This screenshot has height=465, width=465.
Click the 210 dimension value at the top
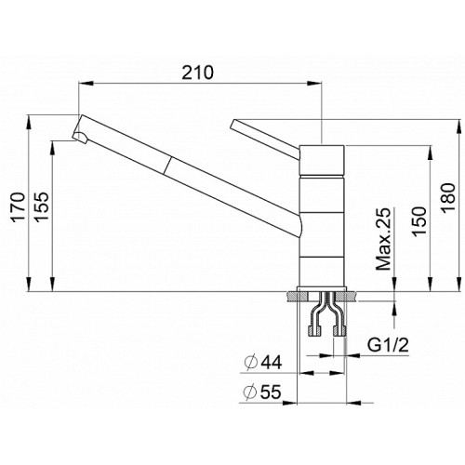click(x=197, y=73)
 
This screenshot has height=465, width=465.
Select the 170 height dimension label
click(x=18, y=206)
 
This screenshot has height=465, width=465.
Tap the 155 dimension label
click(x=41, y=206)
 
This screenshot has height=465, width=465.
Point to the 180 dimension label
click(x=448, y=197)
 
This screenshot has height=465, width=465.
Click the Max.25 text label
click(x=383, y=239)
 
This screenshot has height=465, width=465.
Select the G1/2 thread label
click(x=388, y=345)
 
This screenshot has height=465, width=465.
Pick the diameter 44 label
click(x=263, y=362)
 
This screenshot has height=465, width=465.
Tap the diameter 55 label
click(x=262, y=392)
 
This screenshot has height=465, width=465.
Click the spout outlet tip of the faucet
click(x=79, y=137)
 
